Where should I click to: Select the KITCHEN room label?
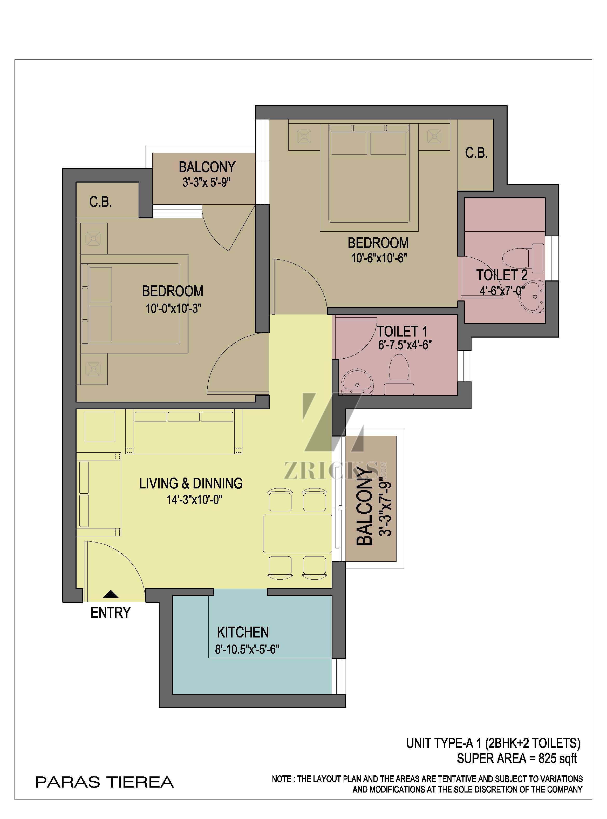243,632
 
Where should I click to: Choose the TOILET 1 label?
402,332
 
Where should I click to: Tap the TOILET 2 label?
502,275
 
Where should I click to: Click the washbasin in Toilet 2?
532,297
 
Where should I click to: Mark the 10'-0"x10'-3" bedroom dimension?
173,308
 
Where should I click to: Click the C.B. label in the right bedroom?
476,153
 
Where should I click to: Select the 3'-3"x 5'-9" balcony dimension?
207,183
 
